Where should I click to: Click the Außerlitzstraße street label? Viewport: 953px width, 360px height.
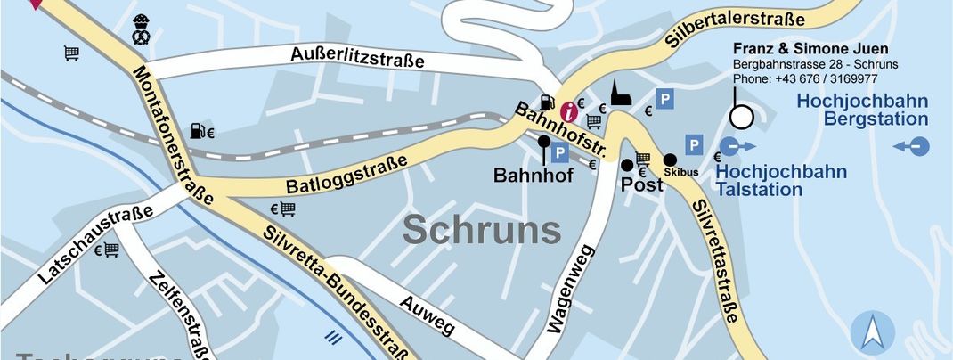pyautogui.click(x=356, y=60)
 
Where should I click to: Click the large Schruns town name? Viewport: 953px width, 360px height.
pyautogui.click(x=482, y=230)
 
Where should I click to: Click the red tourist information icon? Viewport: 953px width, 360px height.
pyautogui.click(x=567, y=112)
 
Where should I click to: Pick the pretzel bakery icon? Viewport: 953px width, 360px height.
pyautogui.click(x=142, y=29)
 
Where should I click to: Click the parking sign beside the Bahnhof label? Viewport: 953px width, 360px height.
pyautogui.click(x=559, y=153)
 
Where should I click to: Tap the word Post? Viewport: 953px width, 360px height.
pyautogui.click(x=642, y=185)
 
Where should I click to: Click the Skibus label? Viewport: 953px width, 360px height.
pyautogui.click(x=680, y=170)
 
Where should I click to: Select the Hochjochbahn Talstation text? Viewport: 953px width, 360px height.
pyautogui.click(x=781, y=179)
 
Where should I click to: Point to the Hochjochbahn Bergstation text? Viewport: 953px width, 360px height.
pyautogui.click(x=862, y=110)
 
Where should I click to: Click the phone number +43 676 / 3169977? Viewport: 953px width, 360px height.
pyautogui.click(x=794, y=78)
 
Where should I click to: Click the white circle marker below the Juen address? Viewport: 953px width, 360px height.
pyautogui.click(x=741, y=117)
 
